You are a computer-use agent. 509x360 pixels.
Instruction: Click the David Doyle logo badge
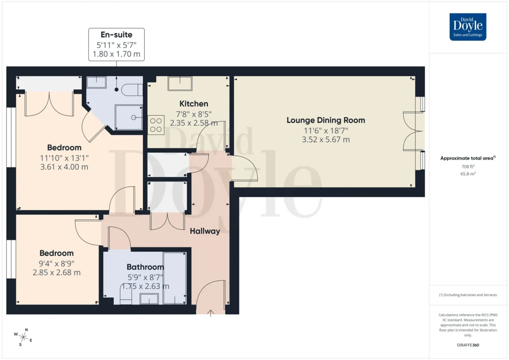468,27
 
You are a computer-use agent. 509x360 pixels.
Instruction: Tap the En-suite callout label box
117,45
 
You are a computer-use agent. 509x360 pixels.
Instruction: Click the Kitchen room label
194,104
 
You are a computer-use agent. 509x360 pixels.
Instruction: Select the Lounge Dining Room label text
326,120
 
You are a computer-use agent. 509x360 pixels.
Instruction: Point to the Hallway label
205,231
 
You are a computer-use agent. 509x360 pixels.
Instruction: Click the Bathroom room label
145,267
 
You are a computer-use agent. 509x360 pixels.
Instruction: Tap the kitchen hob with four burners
156,125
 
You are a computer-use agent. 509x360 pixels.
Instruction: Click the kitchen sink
180,84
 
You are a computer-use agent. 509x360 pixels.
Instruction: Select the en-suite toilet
132,90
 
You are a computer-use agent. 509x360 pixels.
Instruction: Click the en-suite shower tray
128,117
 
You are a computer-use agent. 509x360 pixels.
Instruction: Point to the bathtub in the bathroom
175,278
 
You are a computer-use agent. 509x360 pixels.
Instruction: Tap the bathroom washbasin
149,299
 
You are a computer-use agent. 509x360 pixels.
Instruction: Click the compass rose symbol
23,337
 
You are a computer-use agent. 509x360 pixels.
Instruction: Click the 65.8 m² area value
468,174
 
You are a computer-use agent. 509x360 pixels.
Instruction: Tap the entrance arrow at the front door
211,313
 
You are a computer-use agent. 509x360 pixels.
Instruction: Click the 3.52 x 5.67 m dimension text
326,139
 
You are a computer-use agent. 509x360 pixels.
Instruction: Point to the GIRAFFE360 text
468,345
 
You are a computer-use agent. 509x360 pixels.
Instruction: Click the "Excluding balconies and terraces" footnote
468,295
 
